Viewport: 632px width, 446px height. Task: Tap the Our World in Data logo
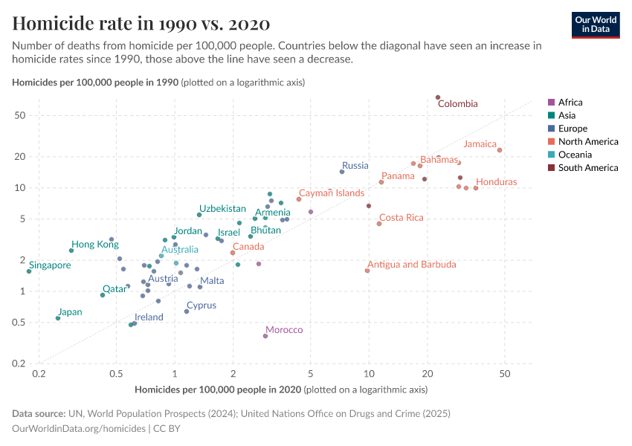pyautogui.click(x=596, y=25)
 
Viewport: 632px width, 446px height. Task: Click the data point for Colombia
pyautogui.click(x=438, y=97)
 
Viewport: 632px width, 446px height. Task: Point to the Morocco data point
pyautogui.click(x=265, y=336)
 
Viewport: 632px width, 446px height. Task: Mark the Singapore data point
pyautogui.click(x=29, y=271)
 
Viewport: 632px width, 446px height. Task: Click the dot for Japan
pyautogui.click(x=58, y=318)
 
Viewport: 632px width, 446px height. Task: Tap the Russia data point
pyautogui.click(x=342, y=172)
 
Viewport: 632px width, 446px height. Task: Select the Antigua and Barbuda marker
pyautogui.click(x=367, y=271)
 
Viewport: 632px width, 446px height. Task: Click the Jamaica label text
pyautogui.click(x=480, y=144)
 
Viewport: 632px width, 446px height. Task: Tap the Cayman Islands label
pyautogui.click(x=332, y=193)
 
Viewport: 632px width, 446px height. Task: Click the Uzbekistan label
pyautogui.click(x=222, y=209)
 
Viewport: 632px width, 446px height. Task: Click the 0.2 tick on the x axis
pyautogui.click(x=39, y=375)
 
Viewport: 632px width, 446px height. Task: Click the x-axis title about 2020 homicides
pyautogui.click(x=281, y=390)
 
